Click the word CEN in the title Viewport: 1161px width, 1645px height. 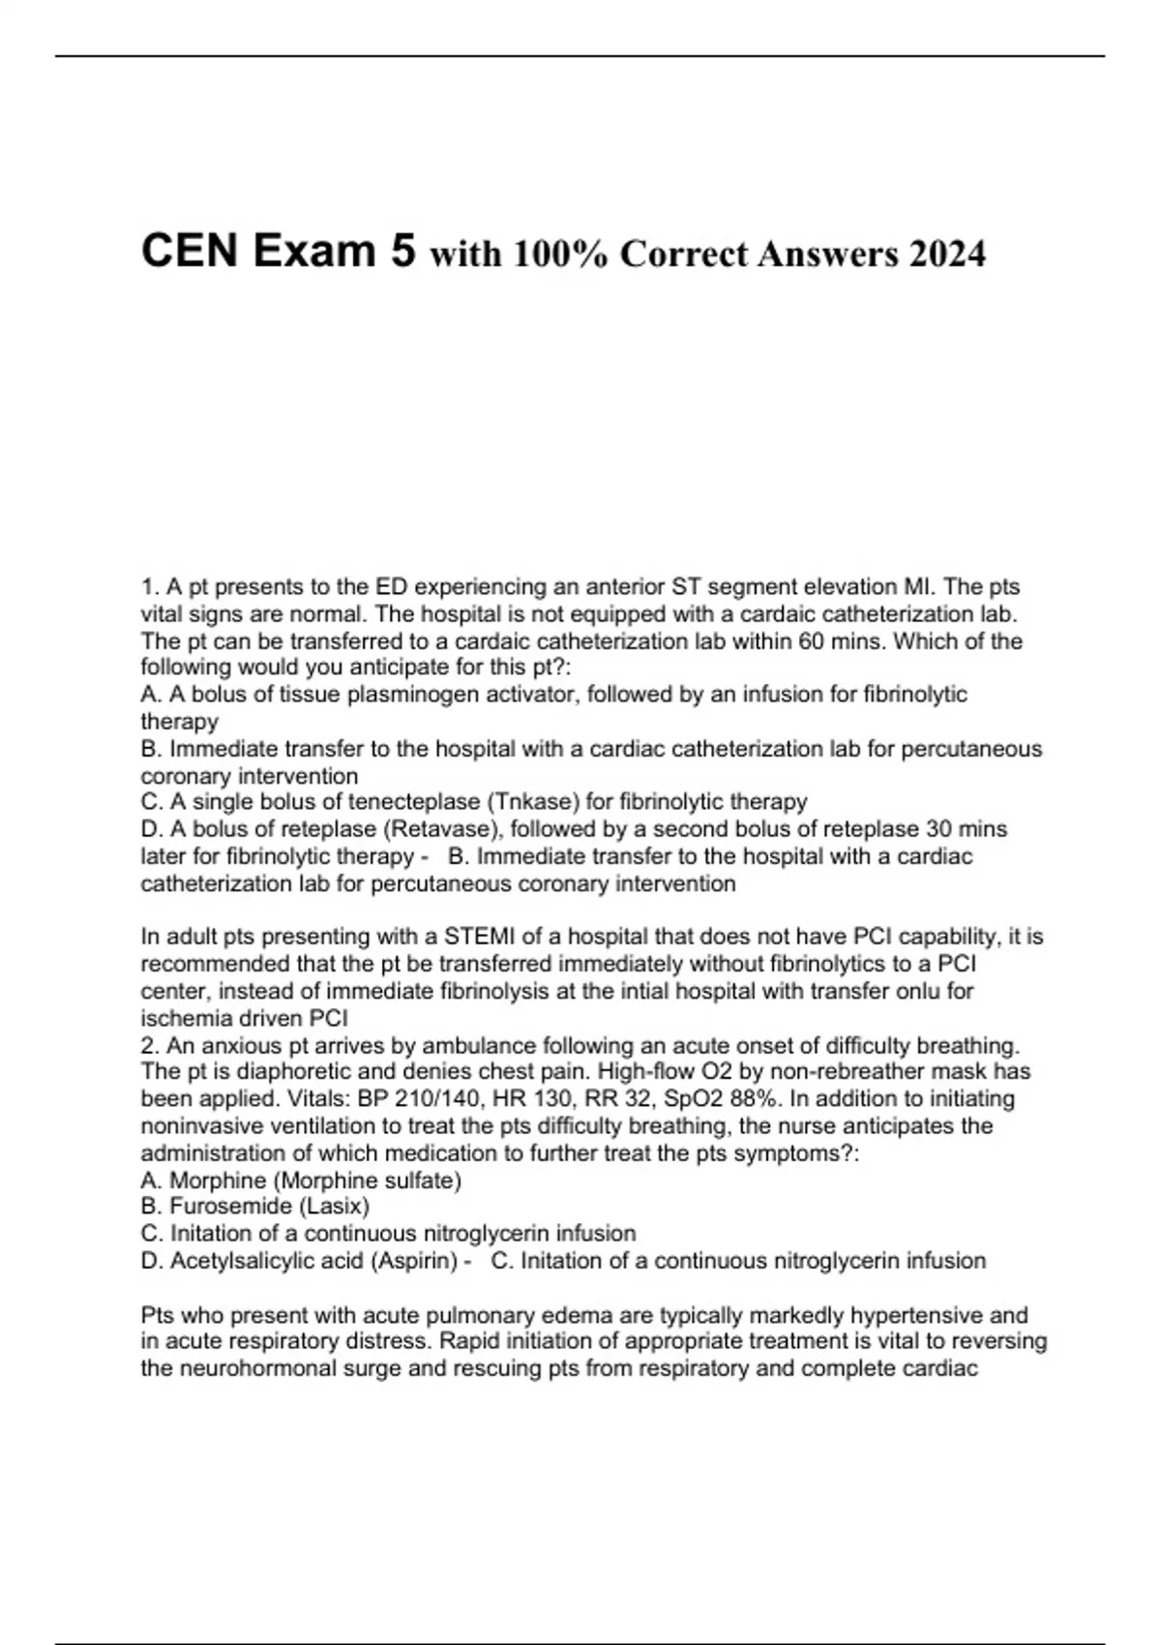click(x=190, y=252)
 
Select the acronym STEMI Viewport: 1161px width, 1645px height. click(x=480, y=937)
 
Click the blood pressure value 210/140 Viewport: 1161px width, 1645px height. click(x=423, y=1099)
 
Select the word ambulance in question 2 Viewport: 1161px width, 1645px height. click(x=470, y=1046)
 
